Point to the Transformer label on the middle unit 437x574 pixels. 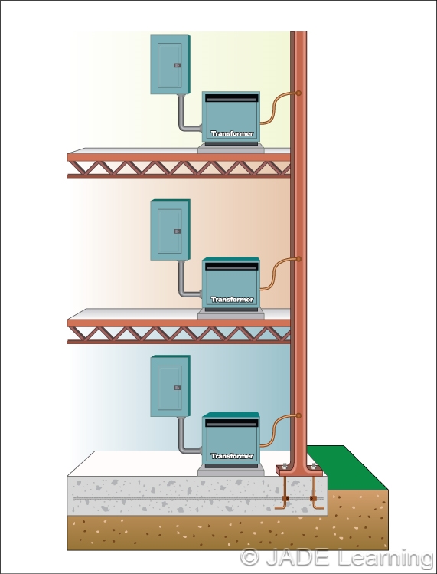pyautogui.click(x=231, y=300)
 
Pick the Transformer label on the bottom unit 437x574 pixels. pyautogui.click(x=231, y=456)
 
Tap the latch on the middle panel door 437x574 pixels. pyautogui.click(x=177, y=231)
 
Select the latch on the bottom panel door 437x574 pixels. pyautogui.click(x=177, y=387)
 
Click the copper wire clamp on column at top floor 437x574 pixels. pyautogui.click(x=298, y=93)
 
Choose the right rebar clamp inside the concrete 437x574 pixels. pyautogui.click(x=313, y=502)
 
